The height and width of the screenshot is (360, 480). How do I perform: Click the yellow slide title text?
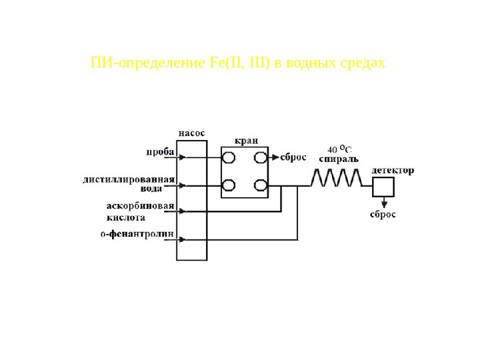click(x=238, y=63)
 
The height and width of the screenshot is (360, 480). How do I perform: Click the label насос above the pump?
click(x=191, y=133)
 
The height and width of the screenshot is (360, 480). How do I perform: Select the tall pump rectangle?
click(x=191, y=200)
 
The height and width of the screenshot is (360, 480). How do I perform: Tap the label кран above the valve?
click(x=245, y=141)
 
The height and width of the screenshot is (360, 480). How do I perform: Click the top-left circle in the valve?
click(x=229, y=158)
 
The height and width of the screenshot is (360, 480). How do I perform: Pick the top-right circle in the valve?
click(x=261, y=158)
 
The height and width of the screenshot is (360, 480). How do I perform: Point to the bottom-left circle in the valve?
click(x=229, y=185)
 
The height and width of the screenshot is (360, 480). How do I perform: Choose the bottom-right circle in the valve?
click(x=261, y=185)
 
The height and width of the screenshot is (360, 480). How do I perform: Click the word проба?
click(x=160, y=152)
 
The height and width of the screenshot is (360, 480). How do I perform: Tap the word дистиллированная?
click(x=129, y=179)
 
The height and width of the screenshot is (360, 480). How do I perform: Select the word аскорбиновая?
click(x=140, y=206)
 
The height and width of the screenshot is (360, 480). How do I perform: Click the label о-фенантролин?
click(x=137, y=234)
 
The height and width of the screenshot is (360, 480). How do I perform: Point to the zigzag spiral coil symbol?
click(x=337, y=177)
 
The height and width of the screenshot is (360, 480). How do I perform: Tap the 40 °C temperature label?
click(x=339, y=148)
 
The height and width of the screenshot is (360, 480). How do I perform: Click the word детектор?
click(x=393, y=170)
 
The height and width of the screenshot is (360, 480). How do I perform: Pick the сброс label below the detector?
click(x=383, y=215)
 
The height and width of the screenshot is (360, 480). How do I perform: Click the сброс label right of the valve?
click(x=293, y=158)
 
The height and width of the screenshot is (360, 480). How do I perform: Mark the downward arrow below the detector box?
click(x=383, y=201)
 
